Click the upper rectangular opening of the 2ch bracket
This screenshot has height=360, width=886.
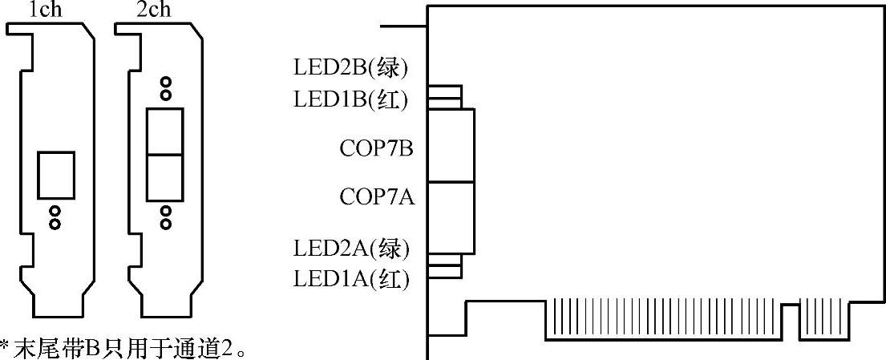[165, 131]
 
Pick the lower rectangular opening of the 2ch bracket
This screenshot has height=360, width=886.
[165, 177]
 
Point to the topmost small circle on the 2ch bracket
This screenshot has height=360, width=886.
[165, 83]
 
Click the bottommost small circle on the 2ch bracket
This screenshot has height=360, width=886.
[165, 224]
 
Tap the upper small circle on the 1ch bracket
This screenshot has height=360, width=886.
[55, 211]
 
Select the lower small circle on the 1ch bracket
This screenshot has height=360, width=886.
[55, 224]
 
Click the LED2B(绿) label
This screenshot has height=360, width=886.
[351, 68]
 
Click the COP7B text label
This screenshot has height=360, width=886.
[377, 149]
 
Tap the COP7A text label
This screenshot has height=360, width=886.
[377, 196]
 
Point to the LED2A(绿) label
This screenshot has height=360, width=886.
[351, 249]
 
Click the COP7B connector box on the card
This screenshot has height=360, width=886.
[451, 144]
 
